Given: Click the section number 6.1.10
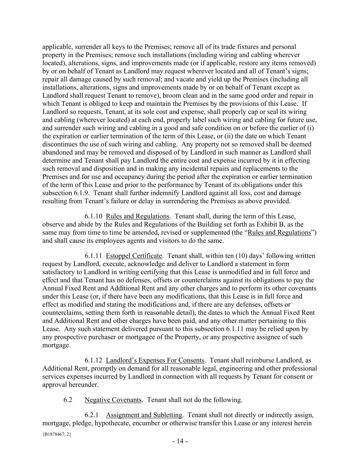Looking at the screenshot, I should (93, 216).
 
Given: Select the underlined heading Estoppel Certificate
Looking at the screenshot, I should (134, 256).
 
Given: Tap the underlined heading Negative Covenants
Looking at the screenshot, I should (113, 400).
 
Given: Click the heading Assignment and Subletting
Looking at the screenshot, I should (144, 415).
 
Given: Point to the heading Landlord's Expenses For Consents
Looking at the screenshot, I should (155, 361).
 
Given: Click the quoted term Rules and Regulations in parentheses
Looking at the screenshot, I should (279, 233).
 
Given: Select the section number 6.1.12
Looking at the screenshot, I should (93, 361).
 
